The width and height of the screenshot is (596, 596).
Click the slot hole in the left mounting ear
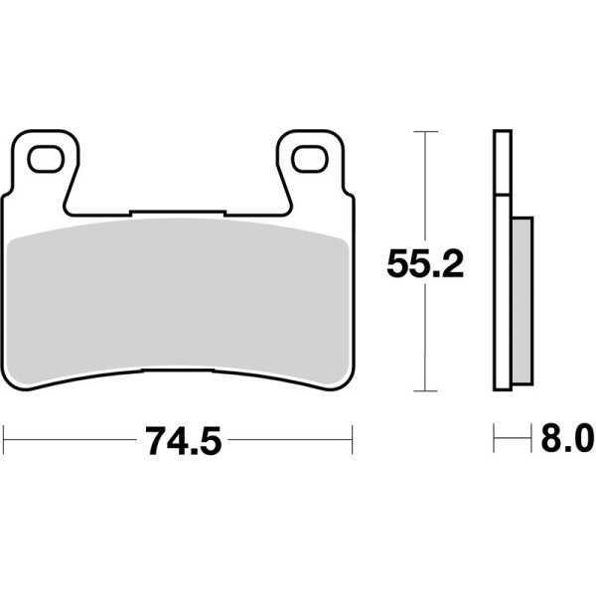(44, 156)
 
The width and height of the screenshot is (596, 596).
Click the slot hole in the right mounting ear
(312, 156)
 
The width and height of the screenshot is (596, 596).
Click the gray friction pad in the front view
(179, 298)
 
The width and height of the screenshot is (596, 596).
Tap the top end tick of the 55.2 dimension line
(425, 130)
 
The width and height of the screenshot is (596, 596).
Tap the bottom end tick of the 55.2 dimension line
(425, 389)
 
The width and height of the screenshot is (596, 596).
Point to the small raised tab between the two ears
(179, 211)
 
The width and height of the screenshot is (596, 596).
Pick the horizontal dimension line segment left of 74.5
(70, 435)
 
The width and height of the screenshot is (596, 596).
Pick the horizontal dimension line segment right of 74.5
(288, 435)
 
